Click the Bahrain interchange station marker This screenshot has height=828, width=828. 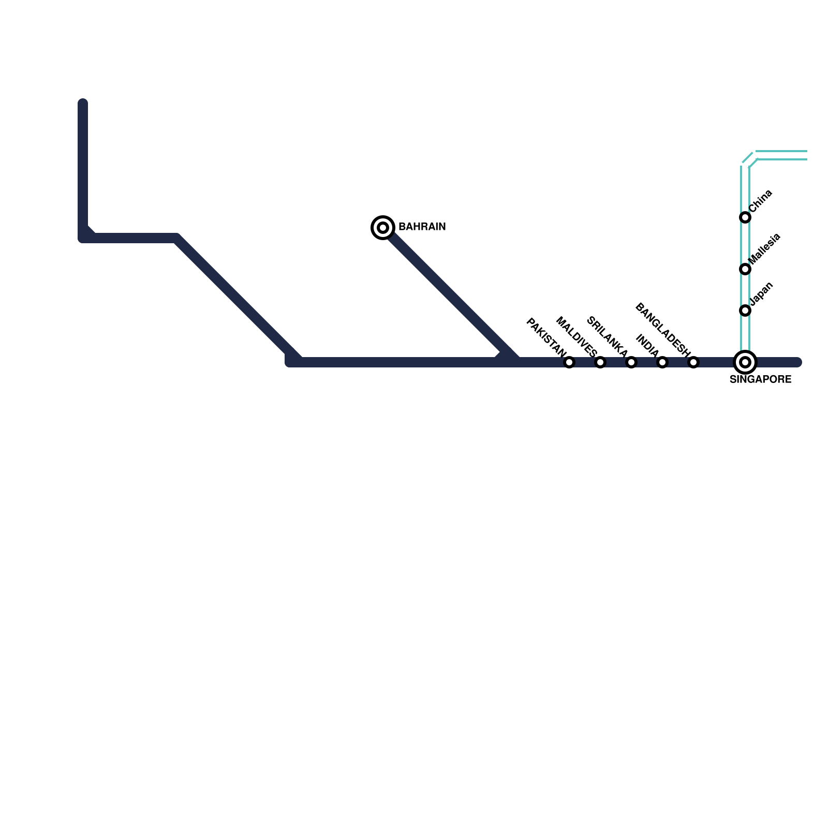(383, 227)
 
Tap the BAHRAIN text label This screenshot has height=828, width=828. (422, 227)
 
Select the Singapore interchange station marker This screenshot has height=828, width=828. (745, 362)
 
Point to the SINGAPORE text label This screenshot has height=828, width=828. (760, 380)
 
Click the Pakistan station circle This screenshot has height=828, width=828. (569, 362)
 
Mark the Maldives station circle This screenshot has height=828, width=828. (600, 362)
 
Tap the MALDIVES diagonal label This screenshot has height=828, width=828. (576, 337)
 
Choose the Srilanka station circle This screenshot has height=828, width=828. (631, 362)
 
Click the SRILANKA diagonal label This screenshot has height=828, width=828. (607, 337)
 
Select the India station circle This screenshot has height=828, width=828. (662, 362)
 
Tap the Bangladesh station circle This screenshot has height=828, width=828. (693, 362)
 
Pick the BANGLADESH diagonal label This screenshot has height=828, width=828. (663, 331)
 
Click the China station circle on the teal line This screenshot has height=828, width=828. (745, 217)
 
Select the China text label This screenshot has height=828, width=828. (761, 201)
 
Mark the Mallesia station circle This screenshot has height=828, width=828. (745, 269)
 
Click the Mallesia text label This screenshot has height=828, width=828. (764, 249)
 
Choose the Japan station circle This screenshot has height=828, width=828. (745, 310)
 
